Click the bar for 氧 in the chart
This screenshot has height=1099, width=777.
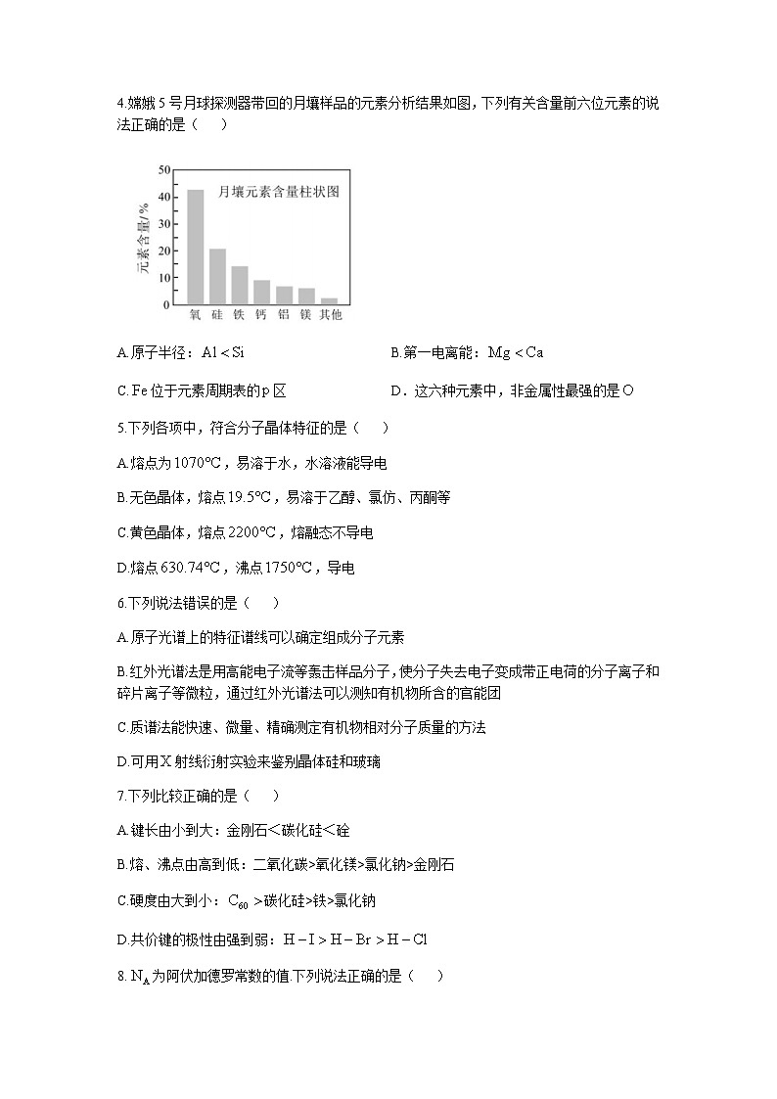coord(196,247)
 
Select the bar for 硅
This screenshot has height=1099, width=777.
coord(217,276)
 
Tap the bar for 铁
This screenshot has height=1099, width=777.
coord(240,285)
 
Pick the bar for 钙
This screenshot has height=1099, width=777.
coord(261,292)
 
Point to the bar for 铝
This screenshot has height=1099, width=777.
coord(284,295)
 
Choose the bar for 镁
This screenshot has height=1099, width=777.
coord(306,296)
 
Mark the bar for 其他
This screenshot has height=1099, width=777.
coord(329,300)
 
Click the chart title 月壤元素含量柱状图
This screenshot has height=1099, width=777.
coord(278,193)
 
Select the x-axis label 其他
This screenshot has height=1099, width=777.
coord(330,315)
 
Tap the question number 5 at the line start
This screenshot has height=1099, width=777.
coord(119,428)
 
